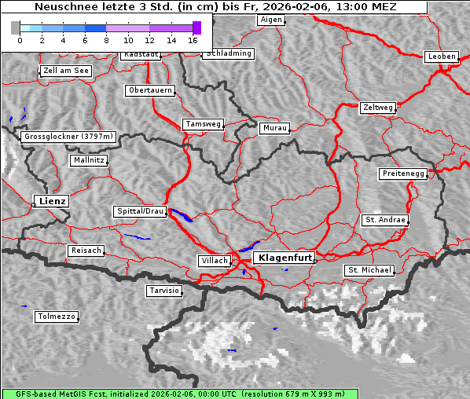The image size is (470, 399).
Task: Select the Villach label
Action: [x=214, y=261]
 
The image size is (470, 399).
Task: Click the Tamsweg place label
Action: [x=204, y=124]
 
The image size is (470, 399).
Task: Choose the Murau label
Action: [x=275, y=127]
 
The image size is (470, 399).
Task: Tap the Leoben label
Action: [x=441, y=57]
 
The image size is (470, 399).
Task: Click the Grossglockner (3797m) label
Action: [x=69, y=137]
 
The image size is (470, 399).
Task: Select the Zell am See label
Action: [x=66, y=71]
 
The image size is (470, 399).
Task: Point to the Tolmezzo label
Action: [x=57, y=317]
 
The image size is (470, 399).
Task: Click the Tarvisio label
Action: [x=164, y=291]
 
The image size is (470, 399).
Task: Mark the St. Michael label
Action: [x=369, y=270]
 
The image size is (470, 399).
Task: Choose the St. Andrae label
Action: [x=385, y=220]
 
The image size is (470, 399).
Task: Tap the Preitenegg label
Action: [x=403, y=174]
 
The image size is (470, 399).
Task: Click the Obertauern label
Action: [x=150, y=90]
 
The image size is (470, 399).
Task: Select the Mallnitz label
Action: [x=88, y=160]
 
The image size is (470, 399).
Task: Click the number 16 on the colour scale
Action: [x=193, y=39]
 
